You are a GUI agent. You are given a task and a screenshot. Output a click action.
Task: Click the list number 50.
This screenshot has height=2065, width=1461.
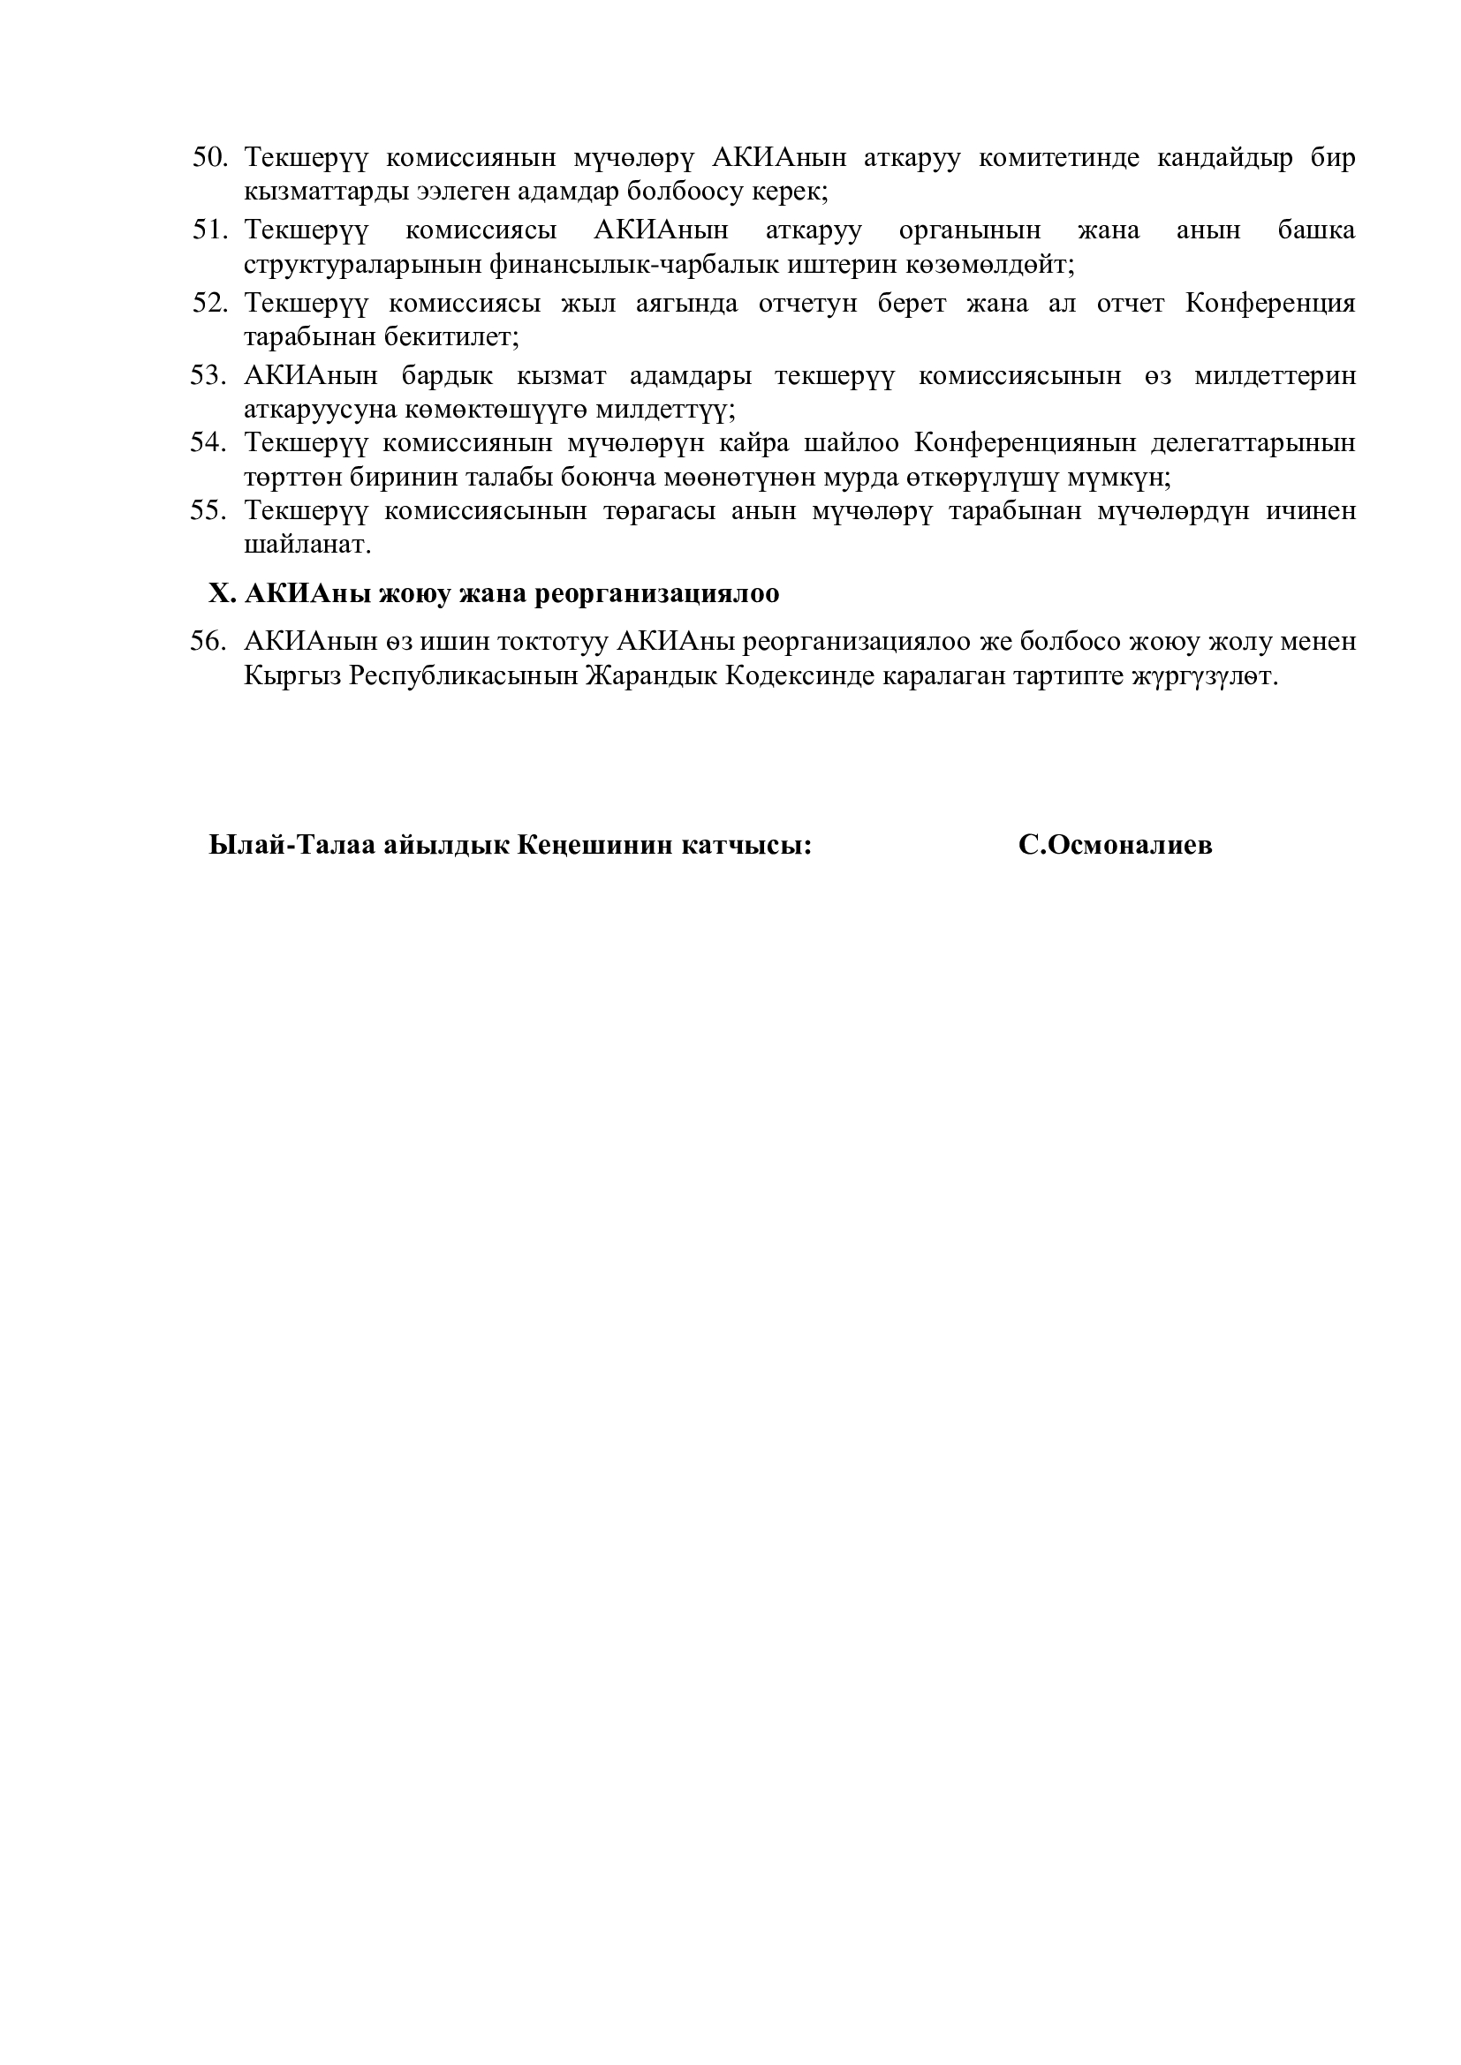pyautogui.click(x=208, y=157)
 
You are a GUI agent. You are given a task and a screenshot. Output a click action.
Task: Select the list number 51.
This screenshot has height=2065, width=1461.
pyautogui.click(x=208, y=230)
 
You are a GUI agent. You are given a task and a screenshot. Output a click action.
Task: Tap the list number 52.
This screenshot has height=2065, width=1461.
pyautogui.click(x=208, y=303)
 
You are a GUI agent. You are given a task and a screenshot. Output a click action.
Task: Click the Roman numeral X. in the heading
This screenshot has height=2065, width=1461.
pyautogui.click(x=223, y=593)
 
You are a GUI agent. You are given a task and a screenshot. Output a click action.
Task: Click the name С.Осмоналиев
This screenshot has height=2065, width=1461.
pyautogui.click(x=1116, y=846)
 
